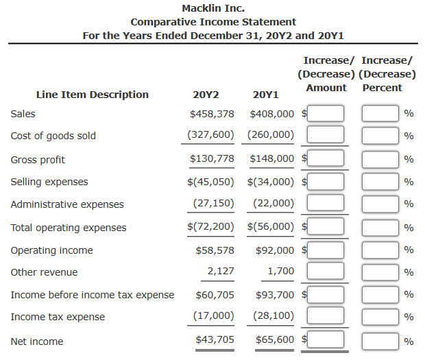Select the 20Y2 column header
coord(206,95)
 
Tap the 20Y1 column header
coord(265,95)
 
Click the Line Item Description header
coord(92,95)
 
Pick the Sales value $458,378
coord(212,113)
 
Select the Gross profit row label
coord(38,160)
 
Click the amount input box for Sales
coord(325,114)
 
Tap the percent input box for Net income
coord(380,341)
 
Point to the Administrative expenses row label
coord(67,204)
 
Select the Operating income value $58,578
coord(215,250)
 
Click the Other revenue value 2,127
coord(221,272)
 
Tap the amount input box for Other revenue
coord(325,272)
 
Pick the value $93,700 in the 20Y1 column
coord(275,295)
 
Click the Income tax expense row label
coord(58,317)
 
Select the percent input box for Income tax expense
coord(380,317)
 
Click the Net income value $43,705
coord(215,340)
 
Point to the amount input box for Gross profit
coord(325,159)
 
